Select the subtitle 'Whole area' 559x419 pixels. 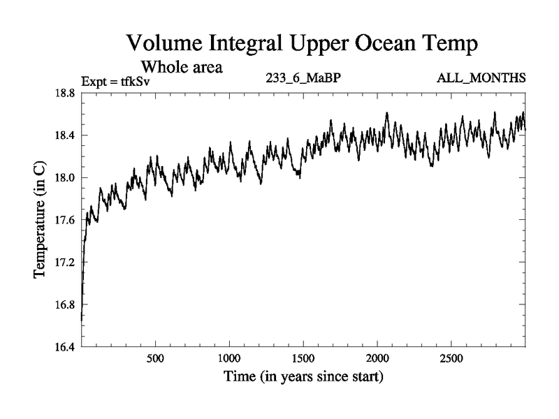(x=182, y=67)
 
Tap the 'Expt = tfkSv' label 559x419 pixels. (x=116, y=80)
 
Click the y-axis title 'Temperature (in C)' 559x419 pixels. (x=41, y=220)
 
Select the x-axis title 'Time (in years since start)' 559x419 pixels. (x=303, y=378)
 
